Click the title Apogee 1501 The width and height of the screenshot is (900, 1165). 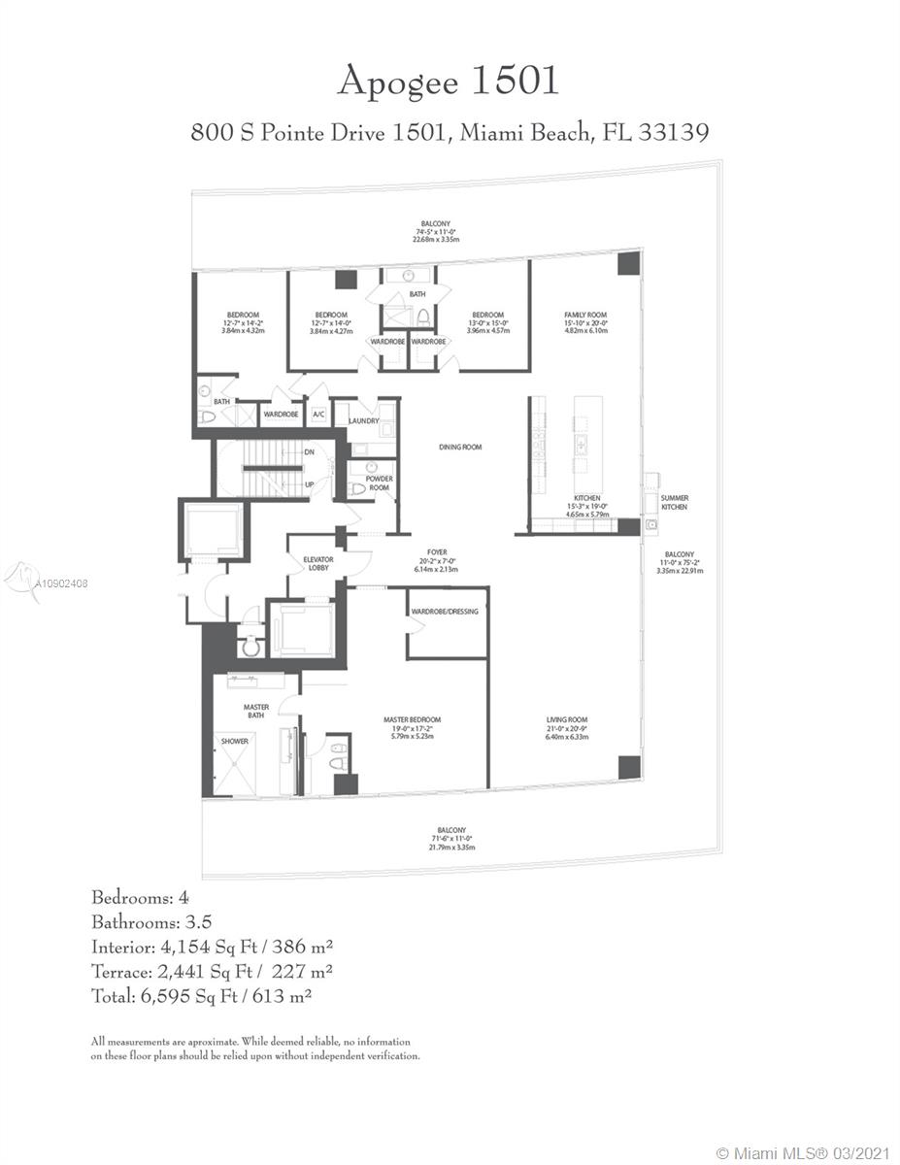point(449,82)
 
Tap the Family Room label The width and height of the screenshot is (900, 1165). point(586,316)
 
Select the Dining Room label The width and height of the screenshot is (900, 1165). point(460,448)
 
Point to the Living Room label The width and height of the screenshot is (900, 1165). point(567,719)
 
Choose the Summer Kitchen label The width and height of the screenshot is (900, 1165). point(674,503)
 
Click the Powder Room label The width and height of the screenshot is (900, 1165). point(379,483)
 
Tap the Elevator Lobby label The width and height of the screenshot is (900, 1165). point(318,564)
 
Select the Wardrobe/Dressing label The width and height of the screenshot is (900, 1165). point(445,612)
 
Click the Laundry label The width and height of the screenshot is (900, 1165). point(363,420)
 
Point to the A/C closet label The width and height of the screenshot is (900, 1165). point(317,415)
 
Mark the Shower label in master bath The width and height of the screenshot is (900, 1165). point(235,741)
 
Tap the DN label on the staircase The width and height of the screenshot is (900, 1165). point(309,452)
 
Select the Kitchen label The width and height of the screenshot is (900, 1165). point(585,498)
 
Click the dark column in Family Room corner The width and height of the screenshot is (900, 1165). point(628,263)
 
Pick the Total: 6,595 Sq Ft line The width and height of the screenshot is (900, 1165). point(201,996)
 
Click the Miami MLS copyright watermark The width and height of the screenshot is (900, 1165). point(802,1152)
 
